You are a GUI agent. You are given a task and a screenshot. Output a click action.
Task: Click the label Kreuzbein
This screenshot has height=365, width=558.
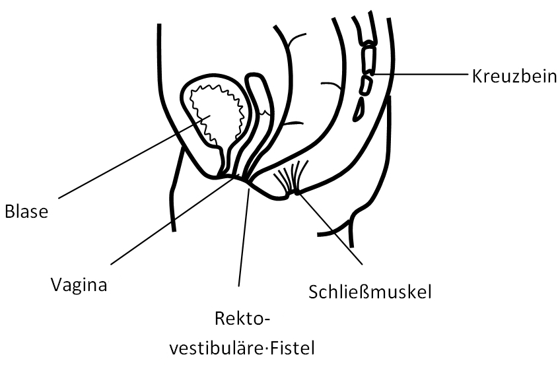tap(514, 77)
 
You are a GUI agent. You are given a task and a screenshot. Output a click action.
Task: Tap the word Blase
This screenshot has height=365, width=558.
tap(26, 212)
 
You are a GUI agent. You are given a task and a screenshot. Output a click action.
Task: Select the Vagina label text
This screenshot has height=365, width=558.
tap(79, 285)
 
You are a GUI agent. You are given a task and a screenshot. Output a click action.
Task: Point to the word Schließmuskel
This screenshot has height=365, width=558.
tap(370, 292)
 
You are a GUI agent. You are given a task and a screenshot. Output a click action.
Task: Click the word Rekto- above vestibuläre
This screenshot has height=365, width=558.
tap(242, 319)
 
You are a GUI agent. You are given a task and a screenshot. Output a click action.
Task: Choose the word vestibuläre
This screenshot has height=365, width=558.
tap(217, 348)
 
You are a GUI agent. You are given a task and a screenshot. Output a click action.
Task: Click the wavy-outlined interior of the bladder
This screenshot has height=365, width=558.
tap(215, 113)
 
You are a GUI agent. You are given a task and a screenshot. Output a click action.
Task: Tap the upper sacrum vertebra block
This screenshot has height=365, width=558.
tap(368, 59)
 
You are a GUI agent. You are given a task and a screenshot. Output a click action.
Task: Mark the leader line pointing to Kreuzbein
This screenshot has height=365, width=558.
tap(420, 74)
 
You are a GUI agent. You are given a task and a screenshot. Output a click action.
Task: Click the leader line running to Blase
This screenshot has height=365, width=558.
tap(135, 156)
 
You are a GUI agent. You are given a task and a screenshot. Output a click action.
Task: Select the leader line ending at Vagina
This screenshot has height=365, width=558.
tap(173, 220)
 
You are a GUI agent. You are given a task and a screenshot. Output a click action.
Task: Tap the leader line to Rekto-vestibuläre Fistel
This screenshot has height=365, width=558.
tap(244, 237)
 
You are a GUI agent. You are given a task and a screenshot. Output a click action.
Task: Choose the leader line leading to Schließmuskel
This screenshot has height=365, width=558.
tap(330, 229)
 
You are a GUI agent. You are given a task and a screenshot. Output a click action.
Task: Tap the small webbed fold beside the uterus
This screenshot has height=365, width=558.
tap(264, 112)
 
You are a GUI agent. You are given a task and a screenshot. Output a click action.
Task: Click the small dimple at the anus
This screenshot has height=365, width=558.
tap(289, 195)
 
